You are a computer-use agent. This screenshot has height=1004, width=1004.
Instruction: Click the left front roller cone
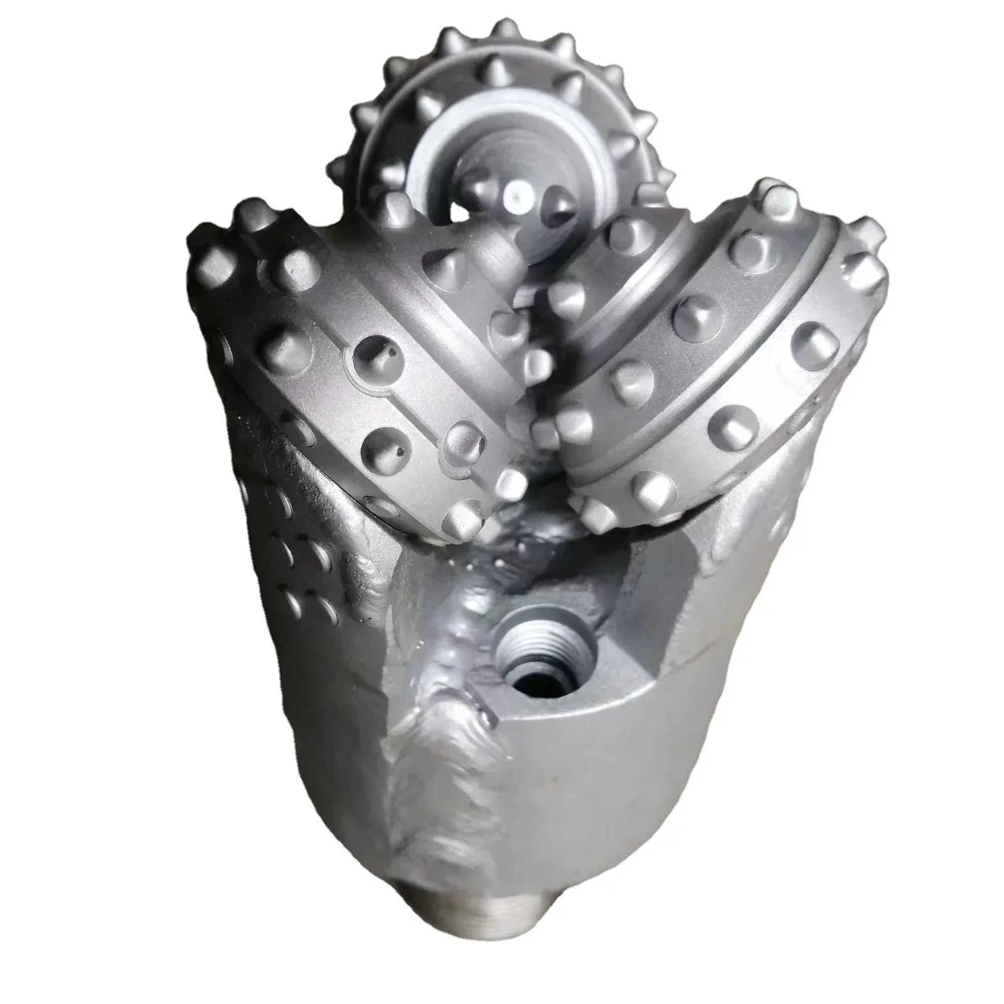point(351,351)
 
